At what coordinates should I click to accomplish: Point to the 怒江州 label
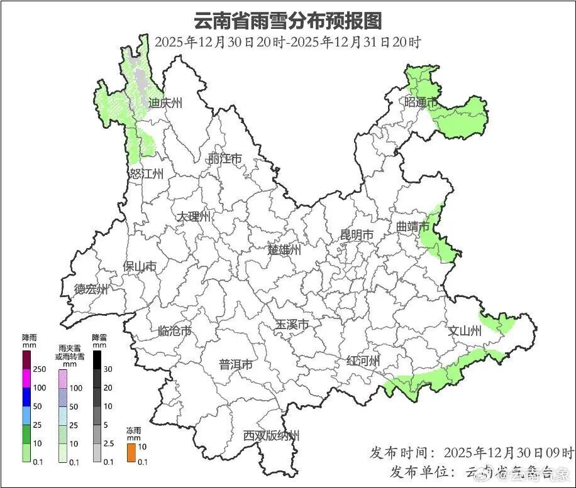pyautogui.click(x=147, y=174)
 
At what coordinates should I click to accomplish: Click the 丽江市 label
pyautogui.click(x=224, y=159)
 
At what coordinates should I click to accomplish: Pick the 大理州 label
pyautogui.click(x=193, y=217)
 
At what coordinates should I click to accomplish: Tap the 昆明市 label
pyautogui.click(x=357, y=235)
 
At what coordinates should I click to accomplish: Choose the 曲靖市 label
pyautogui.click(x=413, y=226)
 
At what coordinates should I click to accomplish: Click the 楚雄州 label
pyautogui.click(x=284, y=249)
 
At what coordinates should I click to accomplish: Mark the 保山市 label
pyautogui.click(x=140, y=267)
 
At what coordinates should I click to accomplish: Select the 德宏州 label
pyautogui.click(x=91, y=290)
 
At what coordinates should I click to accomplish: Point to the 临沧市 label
pyautogui.click(x=174, y=331)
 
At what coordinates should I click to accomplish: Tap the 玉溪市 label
pyautogui.click(x=292, y=325)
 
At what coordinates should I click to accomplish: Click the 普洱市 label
pyautogui.click(x=236, y=365)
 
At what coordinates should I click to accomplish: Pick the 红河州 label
pyautogui.click(x=363, y=361)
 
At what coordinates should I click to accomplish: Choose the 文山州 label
pyautogui.click(x=464, y=331)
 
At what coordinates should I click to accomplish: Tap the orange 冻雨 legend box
pyautogui.click(x=131, y=452)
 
